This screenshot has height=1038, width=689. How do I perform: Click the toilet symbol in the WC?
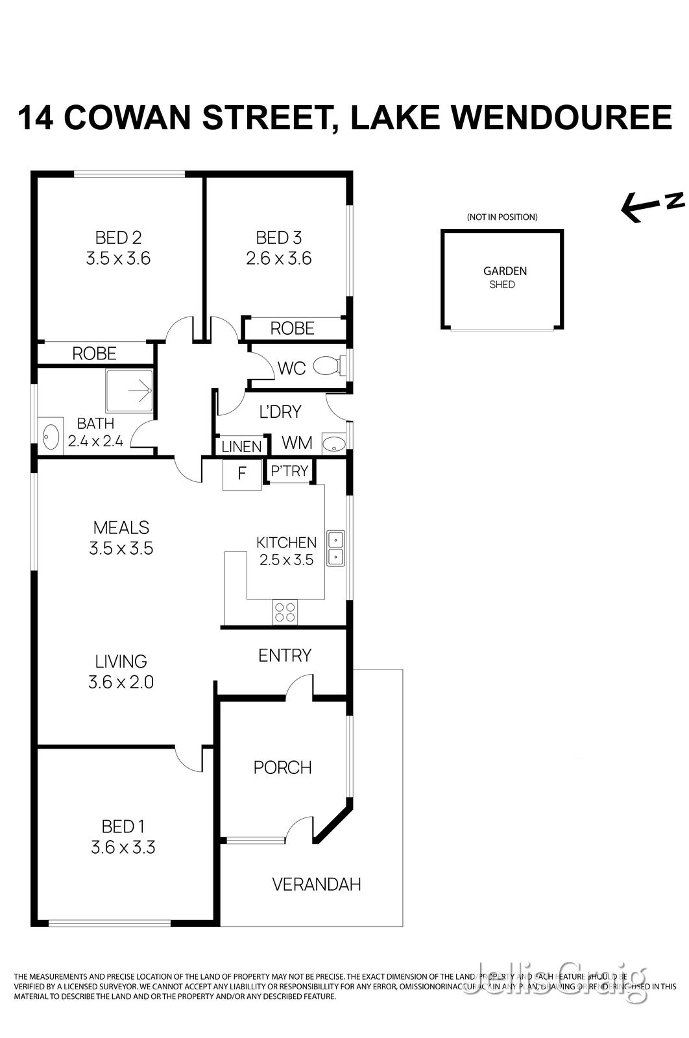click(x=327, y=367)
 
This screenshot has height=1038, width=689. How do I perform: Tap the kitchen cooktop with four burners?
click(x=285, y=612)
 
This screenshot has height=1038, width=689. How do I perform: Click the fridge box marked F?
click(x=242, y=474)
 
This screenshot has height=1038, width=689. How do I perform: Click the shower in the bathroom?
click(x=130, y=391)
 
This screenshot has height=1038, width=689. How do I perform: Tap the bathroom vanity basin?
click(x=51, y=437)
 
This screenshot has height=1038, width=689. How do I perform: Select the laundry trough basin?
click(x=334, y=444)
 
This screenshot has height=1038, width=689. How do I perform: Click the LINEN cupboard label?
click(x=241, y=446)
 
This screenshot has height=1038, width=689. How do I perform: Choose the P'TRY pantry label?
click(x=289, y=471)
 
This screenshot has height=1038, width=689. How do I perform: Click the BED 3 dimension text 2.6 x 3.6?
click(x=279, y=259)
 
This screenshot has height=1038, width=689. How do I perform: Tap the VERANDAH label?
click(x=316, y=884)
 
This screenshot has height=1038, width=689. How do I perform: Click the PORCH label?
click(x=282, y=767)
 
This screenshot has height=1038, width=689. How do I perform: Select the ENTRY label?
click(x=285, y=655)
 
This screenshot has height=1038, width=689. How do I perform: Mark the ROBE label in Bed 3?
click(x=292, y=328)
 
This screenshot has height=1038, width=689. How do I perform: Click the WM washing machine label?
click(x=297, y=443)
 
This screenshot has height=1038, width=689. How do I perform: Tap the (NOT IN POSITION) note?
click(x=502, y=217)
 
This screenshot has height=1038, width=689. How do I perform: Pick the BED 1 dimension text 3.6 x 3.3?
click(x=123, y=847)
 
